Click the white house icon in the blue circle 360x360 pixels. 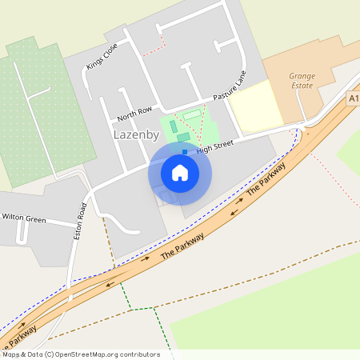pos(180,172)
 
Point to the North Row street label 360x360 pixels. pos(134,113)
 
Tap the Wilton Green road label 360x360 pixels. pos(24,218)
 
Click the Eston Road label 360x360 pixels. pos(80,221)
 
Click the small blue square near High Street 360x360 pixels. pos(186,151)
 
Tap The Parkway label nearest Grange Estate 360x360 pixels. pos(266,179)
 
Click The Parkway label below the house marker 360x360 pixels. pos(182,243)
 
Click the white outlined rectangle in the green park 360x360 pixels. pos(192,117)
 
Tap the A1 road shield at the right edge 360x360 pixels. pos(354,98)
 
